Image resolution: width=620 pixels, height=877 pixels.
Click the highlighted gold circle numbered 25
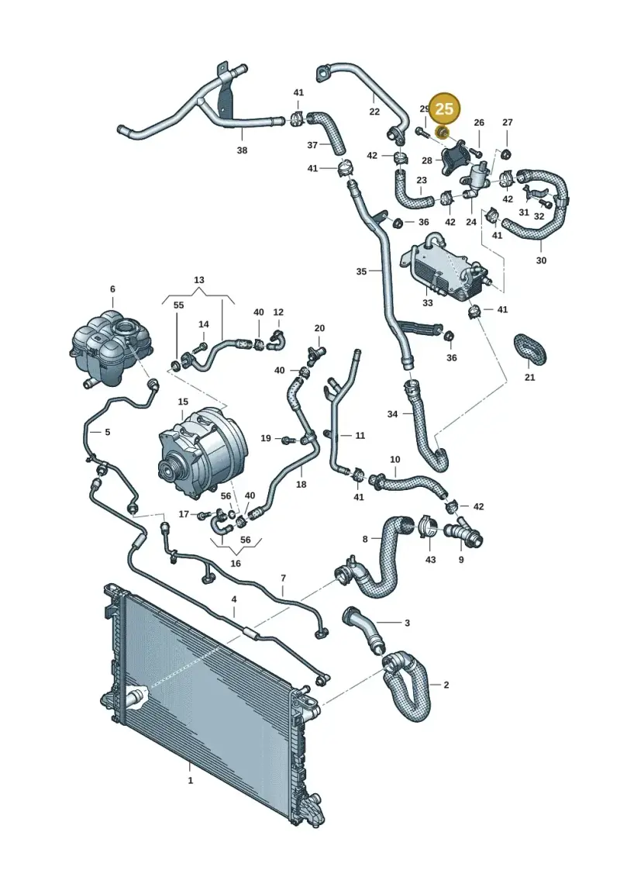point(444,108)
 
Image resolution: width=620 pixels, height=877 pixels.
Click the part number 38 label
point(242,150)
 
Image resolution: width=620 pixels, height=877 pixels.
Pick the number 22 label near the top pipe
point(374,112)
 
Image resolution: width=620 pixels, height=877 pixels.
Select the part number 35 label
point(361,271)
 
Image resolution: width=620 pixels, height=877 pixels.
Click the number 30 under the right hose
point(541,260)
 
